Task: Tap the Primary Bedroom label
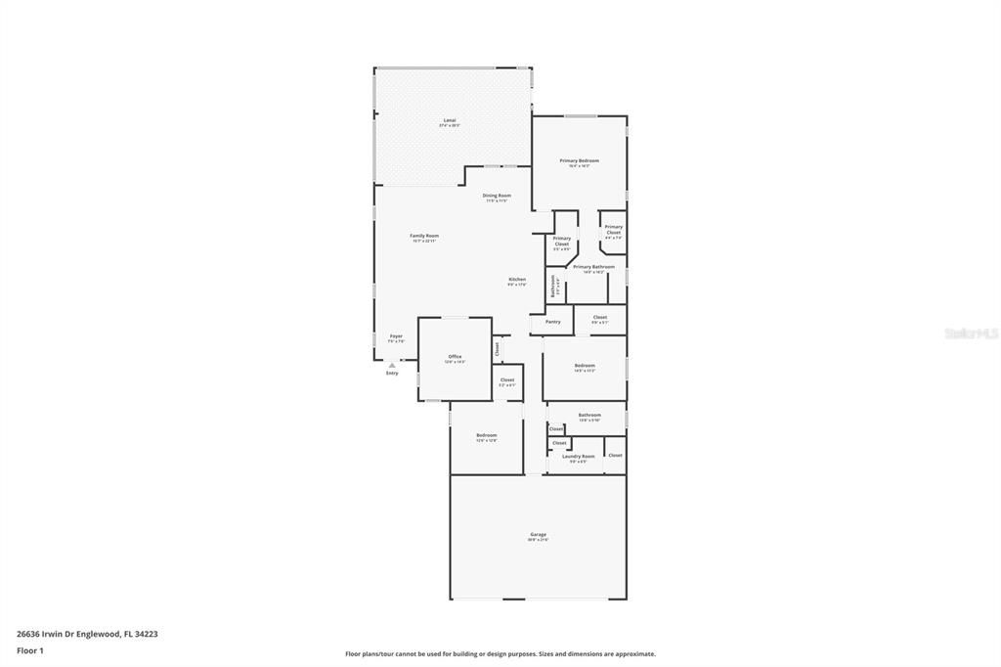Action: [579, 160]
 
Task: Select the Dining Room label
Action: [497, 196]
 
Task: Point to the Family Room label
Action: [424, 236]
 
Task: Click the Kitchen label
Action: [517, 280]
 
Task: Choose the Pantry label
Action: [553, 321]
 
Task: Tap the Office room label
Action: [455, 356]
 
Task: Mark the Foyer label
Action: [396, 336]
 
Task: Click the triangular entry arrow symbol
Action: [392, 365]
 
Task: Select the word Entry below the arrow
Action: [392, 373]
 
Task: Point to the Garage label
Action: [538, 534]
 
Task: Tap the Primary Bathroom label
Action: [593, 267]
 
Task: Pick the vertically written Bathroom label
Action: [553, 286]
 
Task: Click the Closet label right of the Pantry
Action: [599, 317]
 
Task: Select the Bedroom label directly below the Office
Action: [486, 435]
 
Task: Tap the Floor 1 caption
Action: [30, 649]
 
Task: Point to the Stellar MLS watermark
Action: [971, 333]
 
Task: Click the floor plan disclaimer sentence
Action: [500, 654]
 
